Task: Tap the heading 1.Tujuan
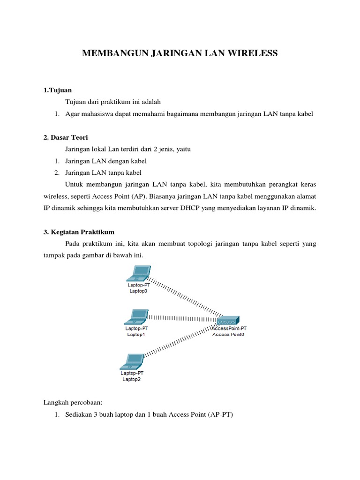point(57,90)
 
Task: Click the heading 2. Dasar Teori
point(66,137)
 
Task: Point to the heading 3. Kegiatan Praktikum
point(79,232)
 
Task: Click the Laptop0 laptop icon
point(139,272)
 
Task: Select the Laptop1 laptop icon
point(136,317)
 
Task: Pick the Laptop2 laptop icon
point(132,361)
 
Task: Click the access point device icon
point(229,321)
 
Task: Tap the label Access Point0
point(228,335)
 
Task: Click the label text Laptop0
point(138,291)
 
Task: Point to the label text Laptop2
point(131,380)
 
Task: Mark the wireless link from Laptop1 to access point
point(183,318)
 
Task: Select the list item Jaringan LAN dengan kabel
point(106,161)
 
